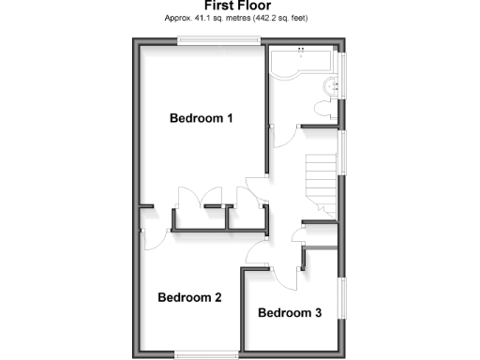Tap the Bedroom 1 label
point(201,118)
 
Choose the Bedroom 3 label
point(290,312)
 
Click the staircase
point(322,183)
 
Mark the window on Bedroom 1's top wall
point(220,40)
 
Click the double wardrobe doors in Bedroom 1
point(189,199)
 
